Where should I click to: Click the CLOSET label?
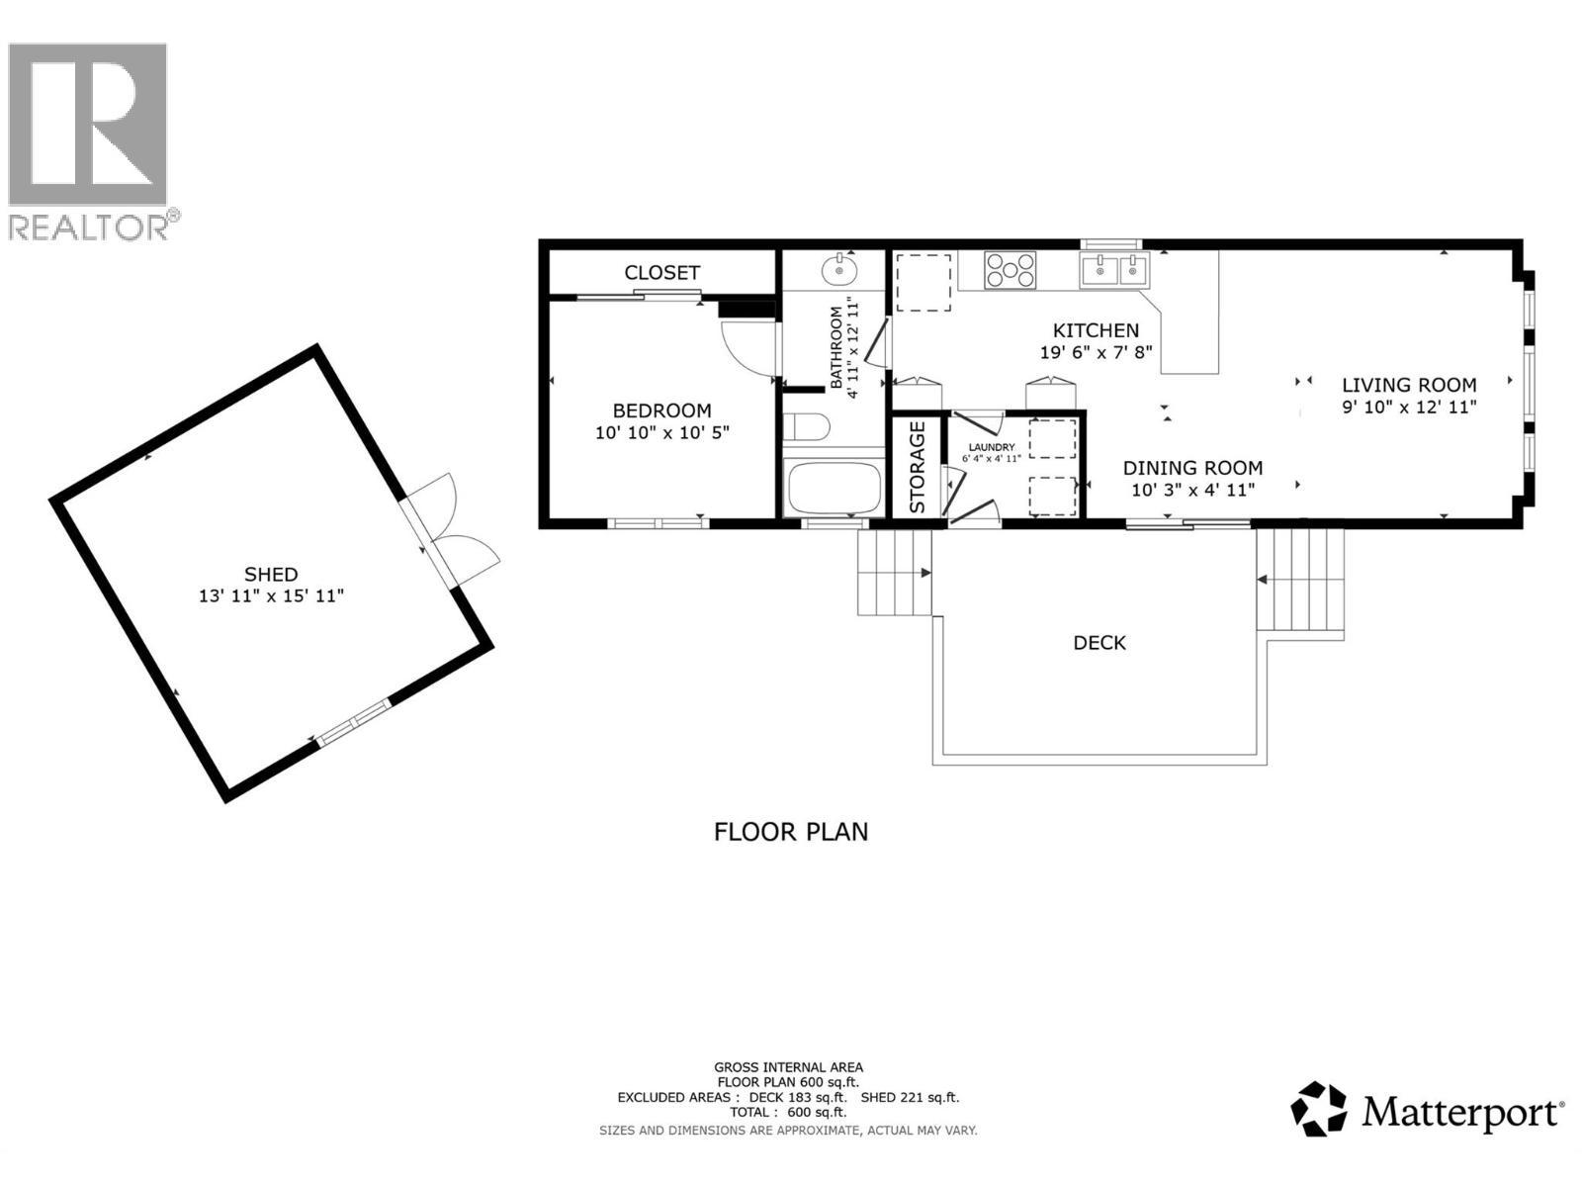click(661, 272)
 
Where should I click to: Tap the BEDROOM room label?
click(661, 411)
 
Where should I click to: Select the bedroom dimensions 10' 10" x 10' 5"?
click(661, 433)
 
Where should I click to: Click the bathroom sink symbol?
click(840, 268)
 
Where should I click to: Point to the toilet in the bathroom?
click(806, 427)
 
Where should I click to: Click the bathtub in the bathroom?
click(833, 486)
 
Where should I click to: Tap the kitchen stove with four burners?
click(1011, 270)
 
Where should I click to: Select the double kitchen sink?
click(1114, 268)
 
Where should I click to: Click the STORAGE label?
click(917, 467)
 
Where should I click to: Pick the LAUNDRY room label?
click(991, 447)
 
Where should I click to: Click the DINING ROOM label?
click(1192, 468)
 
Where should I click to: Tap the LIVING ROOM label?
click(1409, 385)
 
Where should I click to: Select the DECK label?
click(1099, 643)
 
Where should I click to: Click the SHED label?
click(271, 574)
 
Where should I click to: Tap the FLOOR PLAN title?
click(791, 831)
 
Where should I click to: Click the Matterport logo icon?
click(1319, 1109)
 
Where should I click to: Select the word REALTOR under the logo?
click(89, 228)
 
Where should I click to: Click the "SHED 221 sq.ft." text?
click(910, 1097)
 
